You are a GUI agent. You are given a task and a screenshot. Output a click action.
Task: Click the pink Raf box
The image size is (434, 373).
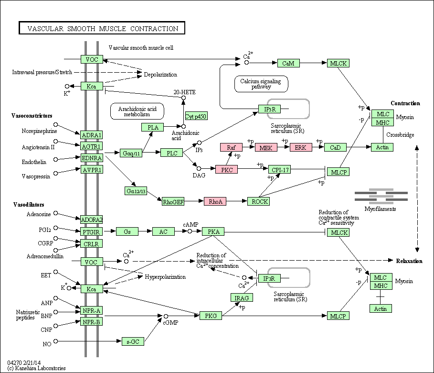231,147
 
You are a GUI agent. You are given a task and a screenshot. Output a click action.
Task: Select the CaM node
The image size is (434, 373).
288,63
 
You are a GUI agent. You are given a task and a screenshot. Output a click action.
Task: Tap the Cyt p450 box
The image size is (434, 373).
196,116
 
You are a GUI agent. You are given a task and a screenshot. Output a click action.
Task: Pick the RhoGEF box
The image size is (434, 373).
173,202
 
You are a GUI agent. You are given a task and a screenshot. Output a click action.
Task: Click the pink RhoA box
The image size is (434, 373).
215,201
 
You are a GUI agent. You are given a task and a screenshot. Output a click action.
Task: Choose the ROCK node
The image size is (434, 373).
258,201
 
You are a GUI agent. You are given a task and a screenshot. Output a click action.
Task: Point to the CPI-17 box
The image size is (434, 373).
280,169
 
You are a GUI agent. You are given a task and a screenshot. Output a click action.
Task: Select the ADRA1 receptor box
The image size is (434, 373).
91,135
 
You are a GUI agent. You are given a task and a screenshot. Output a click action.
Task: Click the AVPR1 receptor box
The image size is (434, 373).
92,169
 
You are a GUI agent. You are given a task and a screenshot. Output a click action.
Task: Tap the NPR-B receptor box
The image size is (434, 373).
91,322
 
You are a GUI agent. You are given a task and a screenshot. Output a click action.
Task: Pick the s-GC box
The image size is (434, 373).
133,341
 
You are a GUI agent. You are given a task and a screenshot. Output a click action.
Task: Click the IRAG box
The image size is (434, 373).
242,297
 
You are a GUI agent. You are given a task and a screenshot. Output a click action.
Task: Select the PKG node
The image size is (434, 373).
211,316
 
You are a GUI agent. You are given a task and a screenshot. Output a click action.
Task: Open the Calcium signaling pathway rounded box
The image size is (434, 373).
261,84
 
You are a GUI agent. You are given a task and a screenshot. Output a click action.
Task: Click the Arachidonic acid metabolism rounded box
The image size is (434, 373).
137,111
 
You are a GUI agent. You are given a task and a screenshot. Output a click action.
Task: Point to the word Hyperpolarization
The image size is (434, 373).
165,277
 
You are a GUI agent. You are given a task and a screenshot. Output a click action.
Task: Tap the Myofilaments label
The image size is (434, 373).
380,209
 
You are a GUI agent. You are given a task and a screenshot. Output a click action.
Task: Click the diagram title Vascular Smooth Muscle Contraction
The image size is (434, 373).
103,29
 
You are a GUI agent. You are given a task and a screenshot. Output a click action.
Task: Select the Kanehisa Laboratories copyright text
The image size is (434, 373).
37,368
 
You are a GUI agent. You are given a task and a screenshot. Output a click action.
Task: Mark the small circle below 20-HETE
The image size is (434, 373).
183,98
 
